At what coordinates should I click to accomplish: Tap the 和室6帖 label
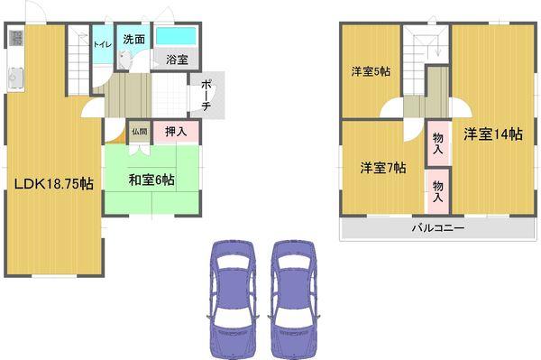pos(150,180)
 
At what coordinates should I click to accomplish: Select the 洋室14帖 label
pos(492,134)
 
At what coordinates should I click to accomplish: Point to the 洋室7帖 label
pos(382,168)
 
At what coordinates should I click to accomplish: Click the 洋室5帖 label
pos(370,71)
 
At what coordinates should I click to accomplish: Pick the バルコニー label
pos(438,228)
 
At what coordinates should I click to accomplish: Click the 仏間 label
pos(139,131)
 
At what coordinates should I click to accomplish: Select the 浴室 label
pos(177,60)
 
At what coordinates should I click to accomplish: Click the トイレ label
pos(102,43)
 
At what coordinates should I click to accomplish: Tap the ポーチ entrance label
pos(206,94)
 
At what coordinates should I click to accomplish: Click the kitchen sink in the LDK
pos(15,77)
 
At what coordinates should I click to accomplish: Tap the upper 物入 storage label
pos(437,143)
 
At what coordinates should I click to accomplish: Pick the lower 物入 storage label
pos(437,189)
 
